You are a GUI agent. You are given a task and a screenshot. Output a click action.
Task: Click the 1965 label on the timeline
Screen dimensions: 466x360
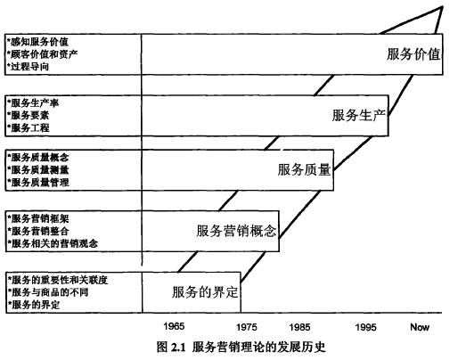point(174,326)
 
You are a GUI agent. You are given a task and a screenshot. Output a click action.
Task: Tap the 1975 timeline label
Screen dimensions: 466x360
point(247,327)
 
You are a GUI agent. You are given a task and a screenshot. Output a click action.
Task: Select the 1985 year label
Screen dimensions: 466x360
point(299,327)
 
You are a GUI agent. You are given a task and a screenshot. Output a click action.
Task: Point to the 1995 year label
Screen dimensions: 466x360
point(366,327)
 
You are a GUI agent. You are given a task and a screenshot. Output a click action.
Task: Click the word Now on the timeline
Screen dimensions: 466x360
point(420,327)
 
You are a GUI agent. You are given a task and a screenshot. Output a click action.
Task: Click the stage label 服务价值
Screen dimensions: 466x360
point(413,54)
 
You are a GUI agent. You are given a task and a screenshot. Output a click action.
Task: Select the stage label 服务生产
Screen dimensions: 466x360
point(359,115)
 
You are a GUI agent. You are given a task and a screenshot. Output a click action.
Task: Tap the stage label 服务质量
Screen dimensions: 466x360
point(304,169)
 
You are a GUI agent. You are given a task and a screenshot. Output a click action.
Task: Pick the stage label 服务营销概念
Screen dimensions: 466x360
point(236,231)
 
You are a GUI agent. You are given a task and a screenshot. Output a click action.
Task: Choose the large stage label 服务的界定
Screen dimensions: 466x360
point(205,292)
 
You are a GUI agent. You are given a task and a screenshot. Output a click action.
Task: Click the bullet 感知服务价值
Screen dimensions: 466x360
point(37,42)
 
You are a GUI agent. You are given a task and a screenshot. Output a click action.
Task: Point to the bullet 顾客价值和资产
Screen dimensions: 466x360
point(43,54)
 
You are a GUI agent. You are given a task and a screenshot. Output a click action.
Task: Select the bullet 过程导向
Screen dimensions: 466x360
point(28,66)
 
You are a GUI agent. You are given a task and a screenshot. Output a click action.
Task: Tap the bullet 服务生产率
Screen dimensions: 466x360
point(33,102)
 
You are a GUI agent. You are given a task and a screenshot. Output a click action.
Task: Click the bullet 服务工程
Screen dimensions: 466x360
point(29,127)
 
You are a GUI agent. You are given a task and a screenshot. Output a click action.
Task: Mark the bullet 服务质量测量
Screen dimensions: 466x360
point(38,169)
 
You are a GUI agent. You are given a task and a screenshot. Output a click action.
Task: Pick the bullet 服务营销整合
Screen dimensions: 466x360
point(38,231)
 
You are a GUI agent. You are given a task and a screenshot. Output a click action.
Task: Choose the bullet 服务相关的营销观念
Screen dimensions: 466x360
point(53,243)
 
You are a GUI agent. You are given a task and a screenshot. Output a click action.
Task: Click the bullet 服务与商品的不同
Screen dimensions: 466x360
point(48,292)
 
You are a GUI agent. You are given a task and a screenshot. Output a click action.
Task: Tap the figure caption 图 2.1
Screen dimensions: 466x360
point(171,347)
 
